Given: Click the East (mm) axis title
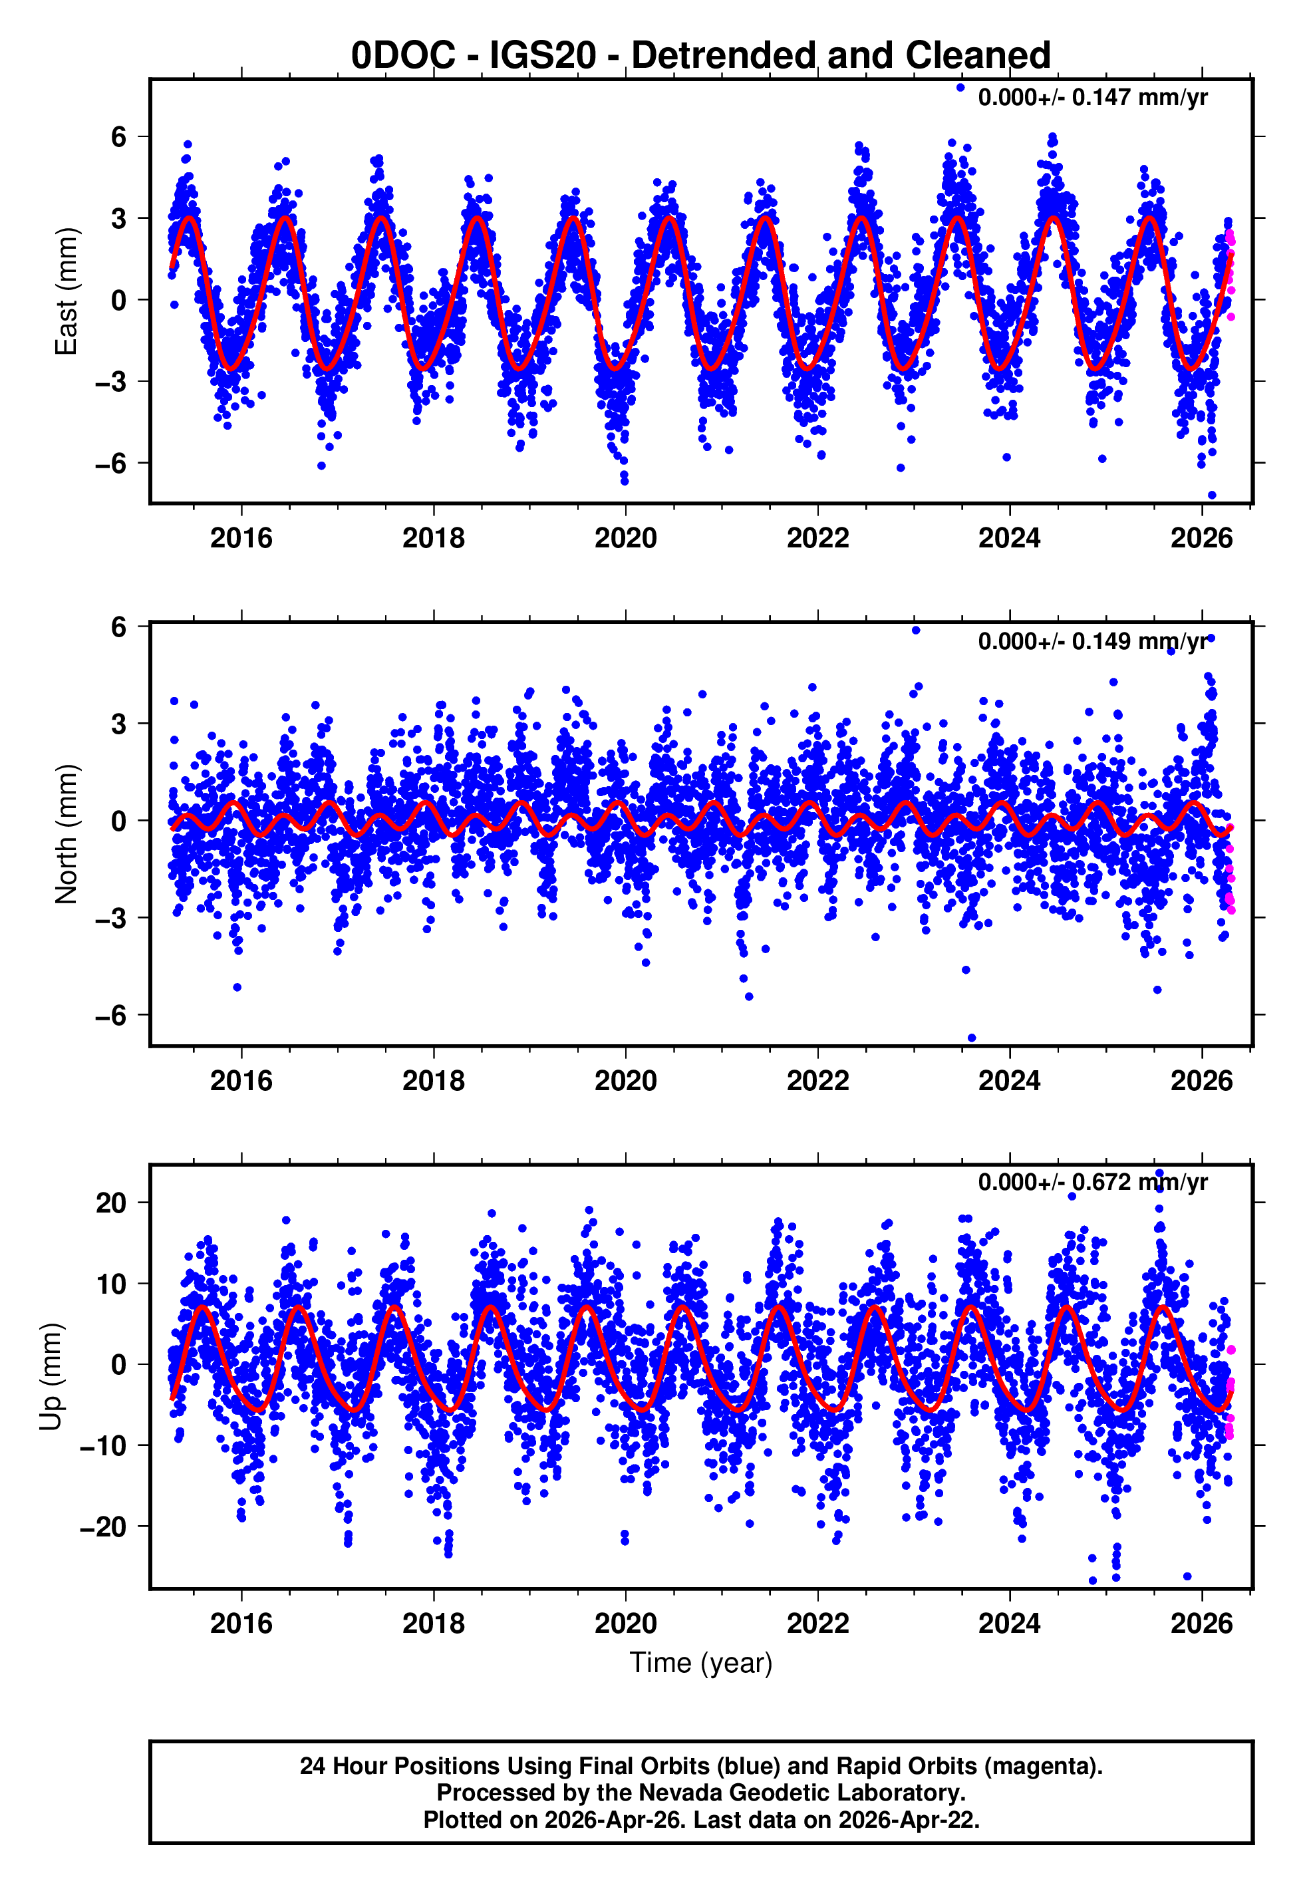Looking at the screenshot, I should [67, 292].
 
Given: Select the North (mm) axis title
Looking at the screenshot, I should [67, 834].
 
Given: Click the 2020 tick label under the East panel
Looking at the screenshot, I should [625, 538].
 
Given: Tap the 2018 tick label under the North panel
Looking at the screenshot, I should [434, 1081].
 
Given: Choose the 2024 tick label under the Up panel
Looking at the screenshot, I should [1010, 1623].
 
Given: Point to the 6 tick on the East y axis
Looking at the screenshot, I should [119, 136].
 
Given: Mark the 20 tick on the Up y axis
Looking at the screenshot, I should [111, 1203].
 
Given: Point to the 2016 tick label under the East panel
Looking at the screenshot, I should [241, 538].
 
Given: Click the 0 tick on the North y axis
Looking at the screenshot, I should [119, 821].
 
